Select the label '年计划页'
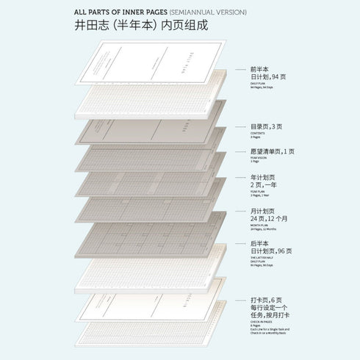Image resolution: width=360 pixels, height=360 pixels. [262, 177]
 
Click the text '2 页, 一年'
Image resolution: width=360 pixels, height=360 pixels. [264, 186]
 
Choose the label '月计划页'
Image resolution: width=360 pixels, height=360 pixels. [262, 211]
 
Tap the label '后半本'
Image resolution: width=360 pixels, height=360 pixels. [259, 242]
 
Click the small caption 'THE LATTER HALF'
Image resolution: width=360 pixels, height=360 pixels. [262, 259]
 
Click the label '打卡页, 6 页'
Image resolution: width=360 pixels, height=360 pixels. [267, 300]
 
